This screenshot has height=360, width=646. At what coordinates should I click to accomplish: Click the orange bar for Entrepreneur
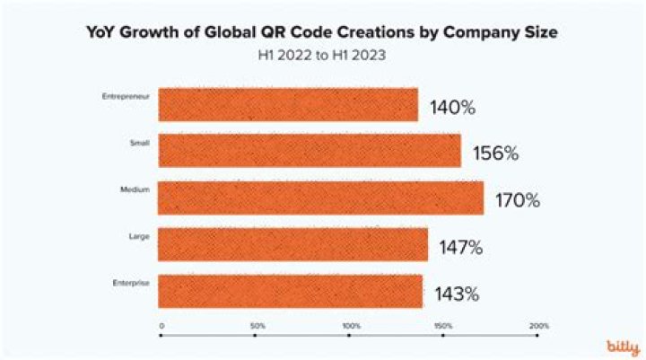(x=288, y=104)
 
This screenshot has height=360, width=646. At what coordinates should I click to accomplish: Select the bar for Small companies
(x=310, y=151)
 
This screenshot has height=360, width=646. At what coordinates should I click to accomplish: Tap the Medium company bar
(x=321, y=198)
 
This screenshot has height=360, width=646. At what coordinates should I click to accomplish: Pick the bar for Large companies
(x=293, y=244)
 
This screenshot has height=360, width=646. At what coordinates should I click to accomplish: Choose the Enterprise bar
(x=291, y=291)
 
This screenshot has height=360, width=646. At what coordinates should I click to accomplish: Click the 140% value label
(x=453, y=108)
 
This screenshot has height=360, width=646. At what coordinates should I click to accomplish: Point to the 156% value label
(x=496, y=154)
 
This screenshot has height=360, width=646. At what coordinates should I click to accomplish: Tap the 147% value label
(x=461, y=247)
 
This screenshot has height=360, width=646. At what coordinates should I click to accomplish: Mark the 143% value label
(x=458, y=294)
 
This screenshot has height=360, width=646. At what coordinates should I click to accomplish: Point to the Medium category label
(x=135, y=189)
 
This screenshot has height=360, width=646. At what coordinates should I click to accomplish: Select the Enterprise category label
(x=130, y=282)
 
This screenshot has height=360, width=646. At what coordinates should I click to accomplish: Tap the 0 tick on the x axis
(x=161, y=325)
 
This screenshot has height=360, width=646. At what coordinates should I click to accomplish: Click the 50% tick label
(x=256, y=325)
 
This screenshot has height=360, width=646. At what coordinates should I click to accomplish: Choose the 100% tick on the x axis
(x=351, y=325)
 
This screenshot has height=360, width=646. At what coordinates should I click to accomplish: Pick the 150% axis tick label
(x=444, y=325)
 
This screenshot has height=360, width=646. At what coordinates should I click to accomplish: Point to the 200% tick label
(x=538, y=325)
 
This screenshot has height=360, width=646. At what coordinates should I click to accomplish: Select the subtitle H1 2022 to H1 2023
(x=322, y=55)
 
